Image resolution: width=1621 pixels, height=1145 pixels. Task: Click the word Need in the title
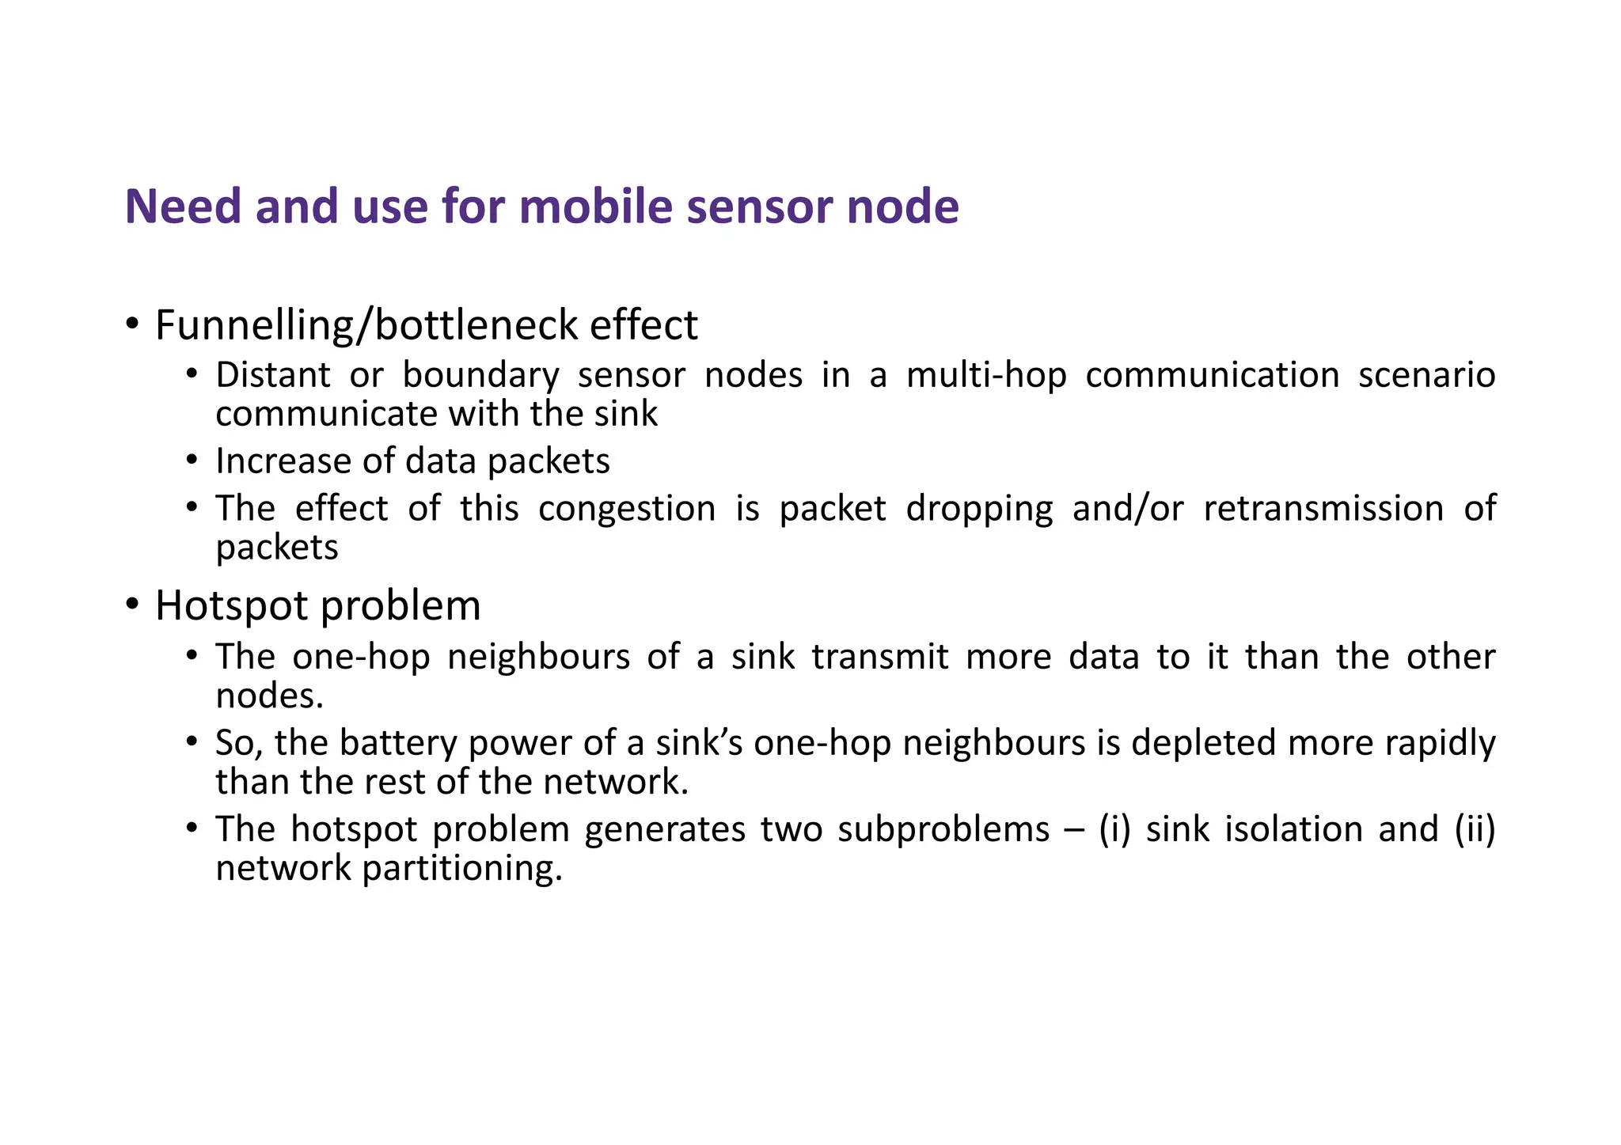183,207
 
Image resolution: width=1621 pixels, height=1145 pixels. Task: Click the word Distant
273,375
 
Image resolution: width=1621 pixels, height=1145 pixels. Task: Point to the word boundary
480,375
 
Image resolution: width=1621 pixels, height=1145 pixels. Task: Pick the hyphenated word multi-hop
986,375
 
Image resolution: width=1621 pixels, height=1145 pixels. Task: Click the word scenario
1426,375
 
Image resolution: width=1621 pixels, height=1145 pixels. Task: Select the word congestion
627,508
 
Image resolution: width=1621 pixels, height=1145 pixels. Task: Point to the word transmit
880,657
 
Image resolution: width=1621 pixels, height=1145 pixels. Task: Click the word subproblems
943,829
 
